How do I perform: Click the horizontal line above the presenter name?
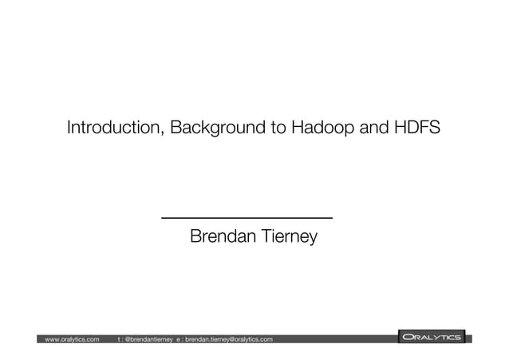247,217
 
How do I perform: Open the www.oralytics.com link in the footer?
73,339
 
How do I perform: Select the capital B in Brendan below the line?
195,237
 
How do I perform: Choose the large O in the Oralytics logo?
408,338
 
